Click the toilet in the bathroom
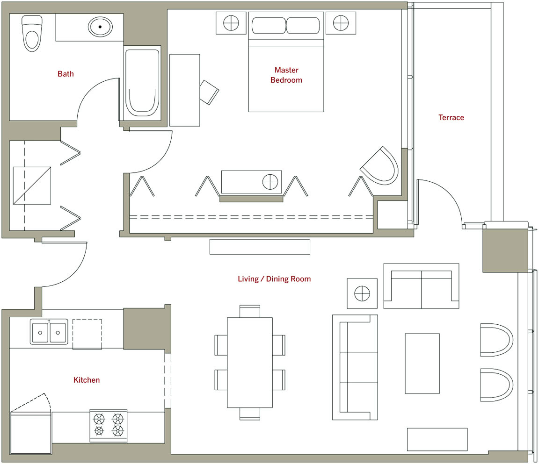[32, 33]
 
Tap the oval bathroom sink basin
[100, 27]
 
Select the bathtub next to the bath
[142, 83]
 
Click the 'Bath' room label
[66, 74]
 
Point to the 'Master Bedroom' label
[286, 75]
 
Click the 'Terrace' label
[451, 117]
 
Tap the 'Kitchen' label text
[87, 380]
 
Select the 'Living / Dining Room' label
[274, 278]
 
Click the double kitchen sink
[49, 332]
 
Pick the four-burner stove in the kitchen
[108, 425]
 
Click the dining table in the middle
[250, 363]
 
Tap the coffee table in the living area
[422, 364]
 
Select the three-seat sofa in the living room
[355, 367]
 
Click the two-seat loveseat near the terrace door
[421, 286]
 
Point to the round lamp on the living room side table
[362, 294]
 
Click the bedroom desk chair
[209, 92]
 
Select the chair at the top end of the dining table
[250, 311]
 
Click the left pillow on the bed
[269, 26]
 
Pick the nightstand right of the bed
[341, 23]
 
